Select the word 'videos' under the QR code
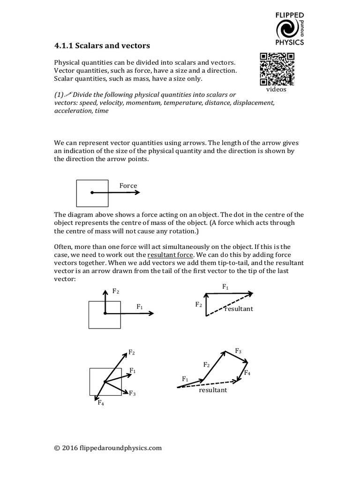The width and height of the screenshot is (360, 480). [277, 89]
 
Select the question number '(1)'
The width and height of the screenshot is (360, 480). [59, 94]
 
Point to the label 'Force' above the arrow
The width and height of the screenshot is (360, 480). [128, 186]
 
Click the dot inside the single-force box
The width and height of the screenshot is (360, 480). [92, 192]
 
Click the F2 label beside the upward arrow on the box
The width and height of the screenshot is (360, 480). [116, 291]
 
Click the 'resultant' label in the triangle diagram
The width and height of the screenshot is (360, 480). [239, 309]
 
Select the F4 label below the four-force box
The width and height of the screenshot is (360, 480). [101, 403]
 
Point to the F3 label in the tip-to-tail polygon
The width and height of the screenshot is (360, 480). [238, 351]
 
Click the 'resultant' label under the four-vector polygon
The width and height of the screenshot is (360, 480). [212, 390]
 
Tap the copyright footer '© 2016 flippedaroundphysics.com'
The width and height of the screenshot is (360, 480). [108, 448]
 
